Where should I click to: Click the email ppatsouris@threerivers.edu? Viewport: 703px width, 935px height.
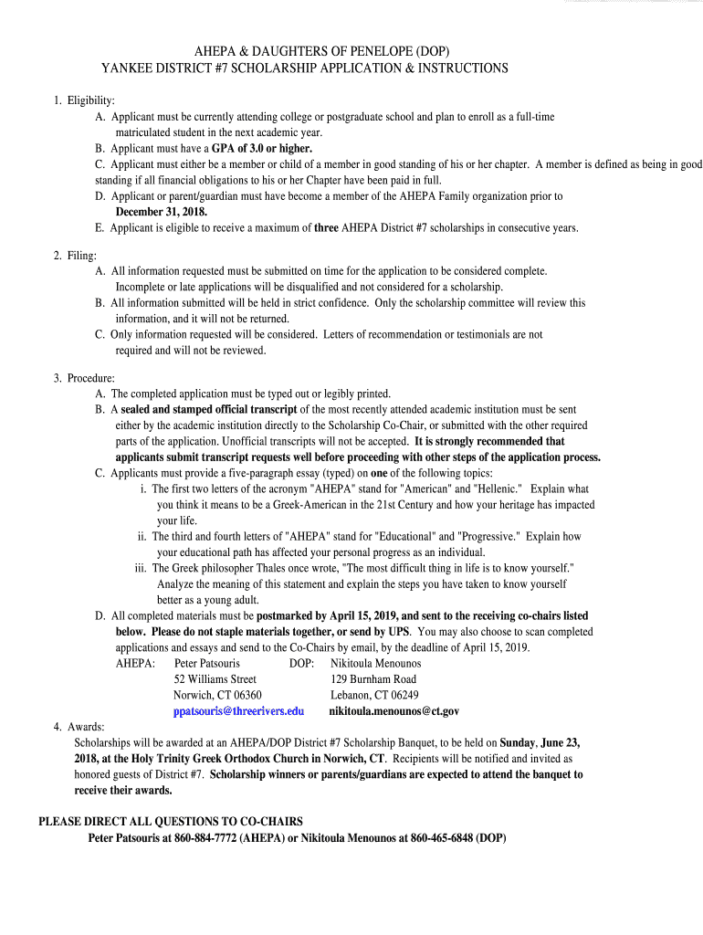[x=238, y=710]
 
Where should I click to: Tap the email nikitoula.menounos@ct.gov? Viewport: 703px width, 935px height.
[x=394, y=710]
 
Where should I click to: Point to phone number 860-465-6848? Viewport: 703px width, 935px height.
[x=442, y=837]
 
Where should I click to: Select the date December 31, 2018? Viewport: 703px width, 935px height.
[x=162, y=212]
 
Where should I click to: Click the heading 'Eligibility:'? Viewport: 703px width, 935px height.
[x=90, y=100]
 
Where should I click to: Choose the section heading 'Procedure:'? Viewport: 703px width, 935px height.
[x=90, y=378]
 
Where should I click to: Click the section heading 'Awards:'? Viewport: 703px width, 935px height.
[x=86, y=727]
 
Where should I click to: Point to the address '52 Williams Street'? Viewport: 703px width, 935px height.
[x=215, y=679]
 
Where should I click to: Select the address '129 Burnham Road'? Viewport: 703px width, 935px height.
[x=373, y=679]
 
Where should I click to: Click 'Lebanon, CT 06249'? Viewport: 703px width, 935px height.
[x=374, y=695]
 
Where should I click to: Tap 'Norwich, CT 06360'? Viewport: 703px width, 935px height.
[x=217, y=695]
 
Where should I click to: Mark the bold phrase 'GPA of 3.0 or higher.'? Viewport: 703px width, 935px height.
[x=262, y=148]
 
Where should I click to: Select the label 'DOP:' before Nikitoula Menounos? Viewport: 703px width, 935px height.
[x=302, y=663]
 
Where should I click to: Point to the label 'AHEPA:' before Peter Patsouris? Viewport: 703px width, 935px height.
[x=135, y=663]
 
